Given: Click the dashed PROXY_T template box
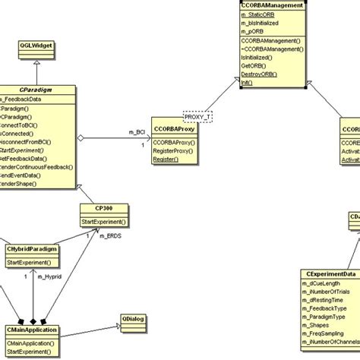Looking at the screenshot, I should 196,117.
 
